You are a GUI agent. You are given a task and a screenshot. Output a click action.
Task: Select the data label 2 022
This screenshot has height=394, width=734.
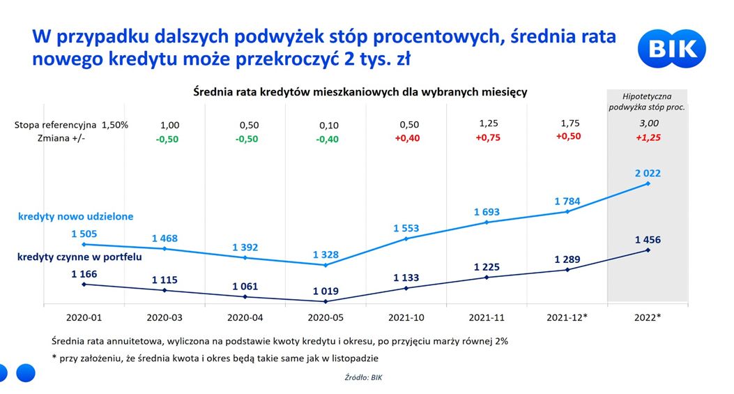648,174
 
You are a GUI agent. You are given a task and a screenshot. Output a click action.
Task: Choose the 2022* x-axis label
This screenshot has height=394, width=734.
648,317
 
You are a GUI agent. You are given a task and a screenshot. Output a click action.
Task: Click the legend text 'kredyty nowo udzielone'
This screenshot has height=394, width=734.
76,217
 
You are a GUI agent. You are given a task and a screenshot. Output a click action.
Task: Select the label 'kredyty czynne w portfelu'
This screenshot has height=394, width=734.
79,257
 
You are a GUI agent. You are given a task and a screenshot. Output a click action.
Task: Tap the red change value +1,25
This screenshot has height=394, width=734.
648,138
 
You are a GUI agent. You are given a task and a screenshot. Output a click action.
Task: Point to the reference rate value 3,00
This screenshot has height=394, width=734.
648,124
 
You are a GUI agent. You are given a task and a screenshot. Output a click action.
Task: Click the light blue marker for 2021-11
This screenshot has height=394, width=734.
487,222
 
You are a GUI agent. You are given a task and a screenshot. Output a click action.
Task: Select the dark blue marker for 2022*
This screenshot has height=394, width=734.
648,250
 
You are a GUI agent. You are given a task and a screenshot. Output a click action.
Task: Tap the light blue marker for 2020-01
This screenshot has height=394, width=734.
84,244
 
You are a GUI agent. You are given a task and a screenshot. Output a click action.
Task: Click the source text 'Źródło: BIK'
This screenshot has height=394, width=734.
364,377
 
